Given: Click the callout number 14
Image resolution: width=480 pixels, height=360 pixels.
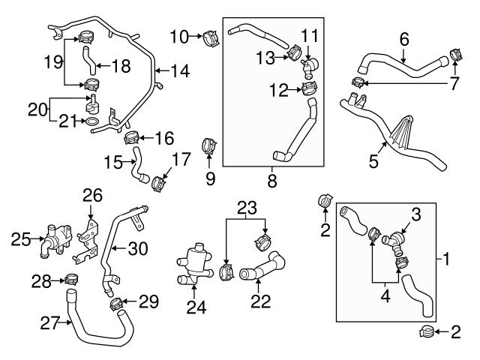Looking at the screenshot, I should (x=181, y=72).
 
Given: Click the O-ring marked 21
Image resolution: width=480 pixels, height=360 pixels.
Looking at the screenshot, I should (x=90, y=121).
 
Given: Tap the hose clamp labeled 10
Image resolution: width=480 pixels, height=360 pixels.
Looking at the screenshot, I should (x=209, y=34).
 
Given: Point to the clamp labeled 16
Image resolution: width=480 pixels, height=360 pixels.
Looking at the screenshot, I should (x=131, y=137).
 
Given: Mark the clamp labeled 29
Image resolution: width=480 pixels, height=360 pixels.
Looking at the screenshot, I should (x=115, y=304).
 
